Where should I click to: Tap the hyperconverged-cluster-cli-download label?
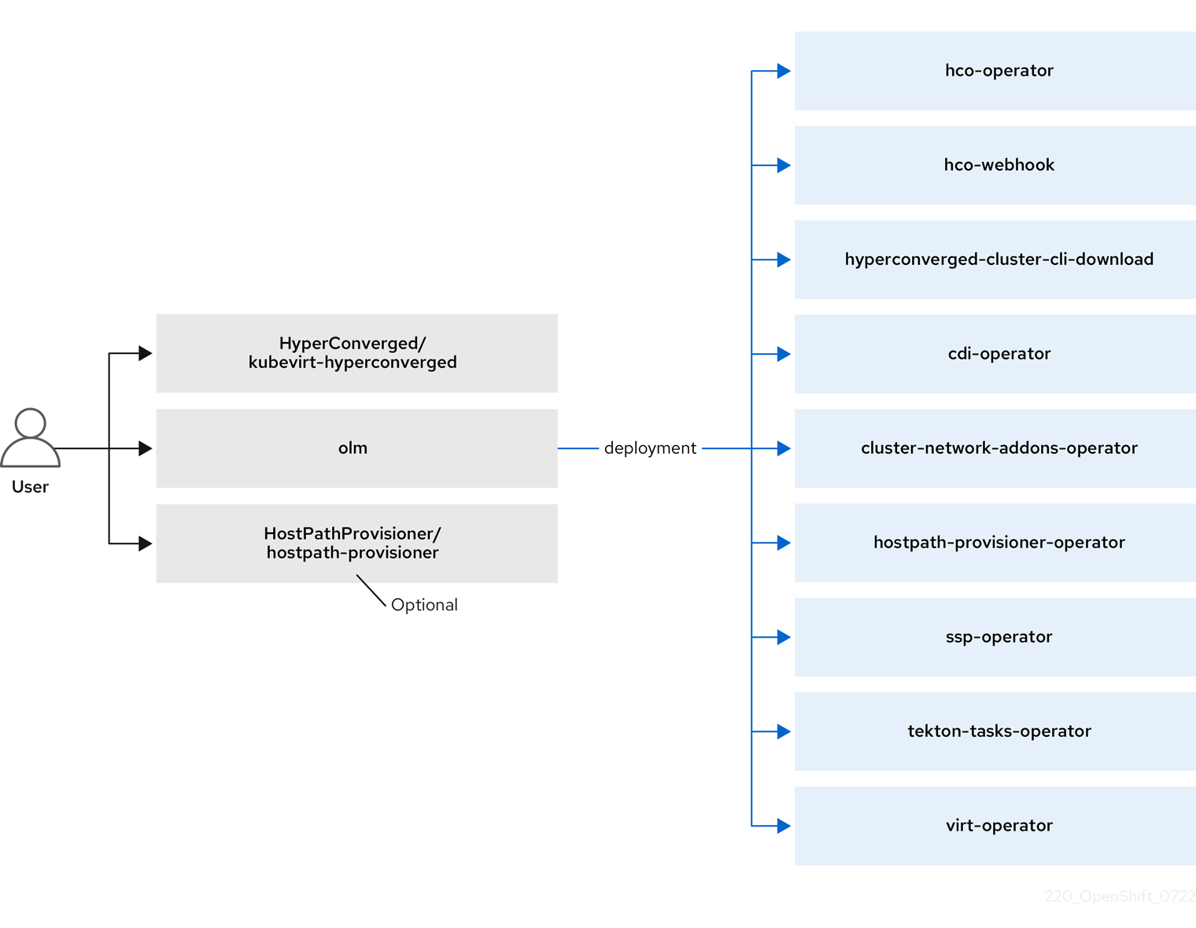pos(999,260)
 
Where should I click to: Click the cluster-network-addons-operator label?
pos(999,448)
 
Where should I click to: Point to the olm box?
pos(356,448)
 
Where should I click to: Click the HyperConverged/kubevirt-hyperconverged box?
pos(356,353)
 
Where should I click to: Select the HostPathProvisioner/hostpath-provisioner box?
pos(356,543)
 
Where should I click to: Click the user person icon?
pos(30,438)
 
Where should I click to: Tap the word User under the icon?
pos(30,487)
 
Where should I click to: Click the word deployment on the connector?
pos(650,448)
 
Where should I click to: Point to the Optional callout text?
pos(424,605)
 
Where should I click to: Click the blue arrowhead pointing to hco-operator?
pos(784,71)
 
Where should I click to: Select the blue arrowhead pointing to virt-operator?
pos(784,826)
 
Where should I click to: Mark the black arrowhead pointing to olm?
pos(145,448)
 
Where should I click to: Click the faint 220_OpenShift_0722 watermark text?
pos(1120,897)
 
